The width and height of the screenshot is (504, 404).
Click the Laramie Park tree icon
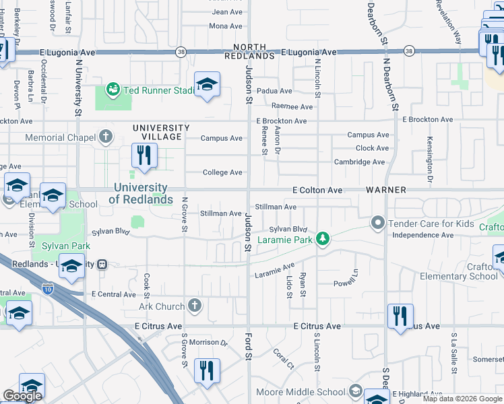(323, 238)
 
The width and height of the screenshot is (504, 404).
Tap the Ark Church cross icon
(195, 306)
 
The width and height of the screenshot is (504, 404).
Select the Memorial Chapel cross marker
(105, 137)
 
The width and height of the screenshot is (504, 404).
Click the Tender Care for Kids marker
(377, 222)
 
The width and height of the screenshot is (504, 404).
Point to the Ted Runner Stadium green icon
(113, 89)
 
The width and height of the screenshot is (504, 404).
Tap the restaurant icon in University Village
(144, 156)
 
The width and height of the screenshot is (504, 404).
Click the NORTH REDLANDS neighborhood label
(255, 52)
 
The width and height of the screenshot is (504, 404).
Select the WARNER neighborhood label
(386, 190)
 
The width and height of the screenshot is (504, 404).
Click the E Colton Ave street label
(317, 191)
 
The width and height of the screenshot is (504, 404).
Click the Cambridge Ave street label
(360, 162)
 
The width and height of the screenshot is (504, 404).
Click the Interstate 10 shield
(48, 290)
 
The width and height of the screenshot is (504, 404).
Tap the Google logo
(22, 396)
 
